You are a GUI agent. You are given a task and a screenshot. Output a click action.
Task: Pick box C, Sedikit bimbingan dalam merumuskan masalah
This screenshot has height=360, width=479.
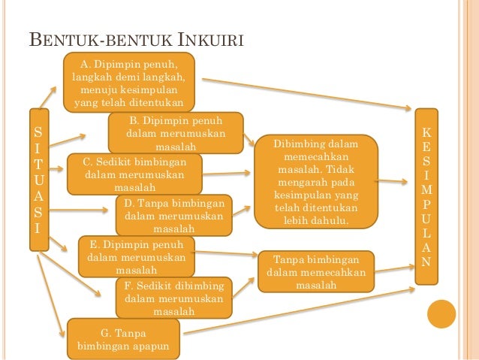tap(135, 174)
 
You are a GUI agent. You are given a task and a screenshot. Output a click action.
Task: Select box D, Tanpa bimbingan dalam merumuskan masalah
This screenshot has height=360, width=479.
tap(173, 216)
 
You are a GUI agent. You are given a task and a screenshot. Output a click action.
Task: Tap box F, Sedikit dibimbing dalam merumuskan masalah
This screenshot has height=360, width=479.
tap(173, 298)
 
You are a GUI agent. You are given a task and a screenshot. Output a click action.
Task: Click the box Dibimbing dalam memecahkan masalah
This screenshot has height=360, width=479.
tap(315, 182)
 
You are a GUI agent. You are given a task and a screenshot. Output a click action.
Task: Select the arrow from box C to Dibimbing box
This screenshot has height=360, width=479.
tap(227, 173)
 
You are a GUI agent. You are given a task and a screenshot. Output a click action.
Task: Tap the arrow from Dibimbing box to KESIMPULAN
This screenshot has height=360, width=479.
tap(396, 182)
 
